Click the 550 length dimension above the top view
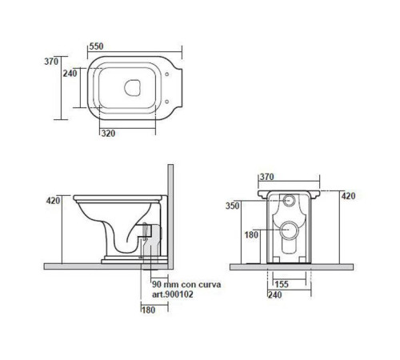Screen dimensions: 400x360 point(96,46)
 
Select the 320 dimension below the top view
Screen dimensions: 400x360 point(108,133)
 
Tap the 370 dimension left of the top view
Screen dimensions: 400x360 point(51,62)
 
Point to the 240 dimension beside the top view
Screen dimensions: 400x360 point(70,73)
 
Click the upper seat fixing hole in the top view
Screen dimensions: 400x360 point(167,74)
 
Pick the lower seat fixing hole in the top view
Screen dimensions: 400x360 point(167,102)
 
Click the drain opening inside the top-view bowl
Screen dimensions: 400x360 point(132,88)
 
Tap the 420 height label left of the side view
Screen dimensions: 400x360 point(54,201)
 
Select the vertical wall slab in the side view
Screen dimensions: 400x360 point(170,217)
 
